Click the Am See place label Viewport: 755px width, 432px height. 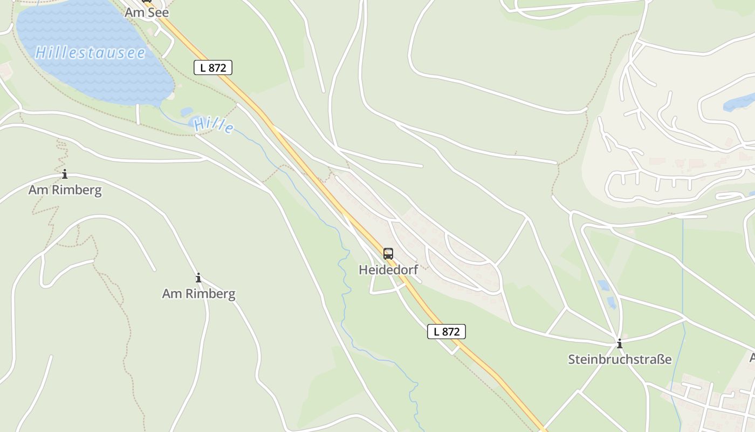[147, 12]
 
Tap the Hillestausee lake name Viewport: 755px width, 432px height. [91, 53]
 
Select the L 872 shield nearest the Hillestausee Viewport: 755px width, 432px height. [213, 67]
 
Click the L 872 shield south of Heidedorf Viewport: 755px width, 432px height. [447, 332]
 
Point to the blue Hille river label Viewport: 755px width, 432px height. [214, 125]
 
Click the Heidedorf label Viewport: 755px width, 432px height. [388, 270]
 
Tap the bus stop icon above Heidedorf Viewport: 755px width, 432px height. [388, 254]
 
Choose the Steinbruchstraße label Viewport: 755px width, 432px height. [620, 359]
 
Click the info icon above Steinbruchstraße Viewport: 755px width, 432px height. [620, 343]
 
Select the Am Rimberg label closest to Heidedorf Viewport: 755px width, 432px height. [198, 294]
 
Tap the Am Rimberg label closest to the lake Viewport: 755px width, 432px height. [65, 190]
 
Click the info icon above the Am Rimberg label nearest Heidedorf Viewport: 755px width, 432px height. [198, 278]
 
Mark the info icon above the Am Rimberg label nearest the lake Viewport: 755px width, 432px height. [65, 174]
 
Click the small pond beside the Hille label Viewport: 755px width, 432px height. [187, 112]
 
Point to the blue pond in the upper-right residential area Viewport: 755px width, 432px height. [739, 102]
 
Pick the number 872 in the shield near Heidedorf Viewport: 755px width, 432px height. [451, 332]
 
